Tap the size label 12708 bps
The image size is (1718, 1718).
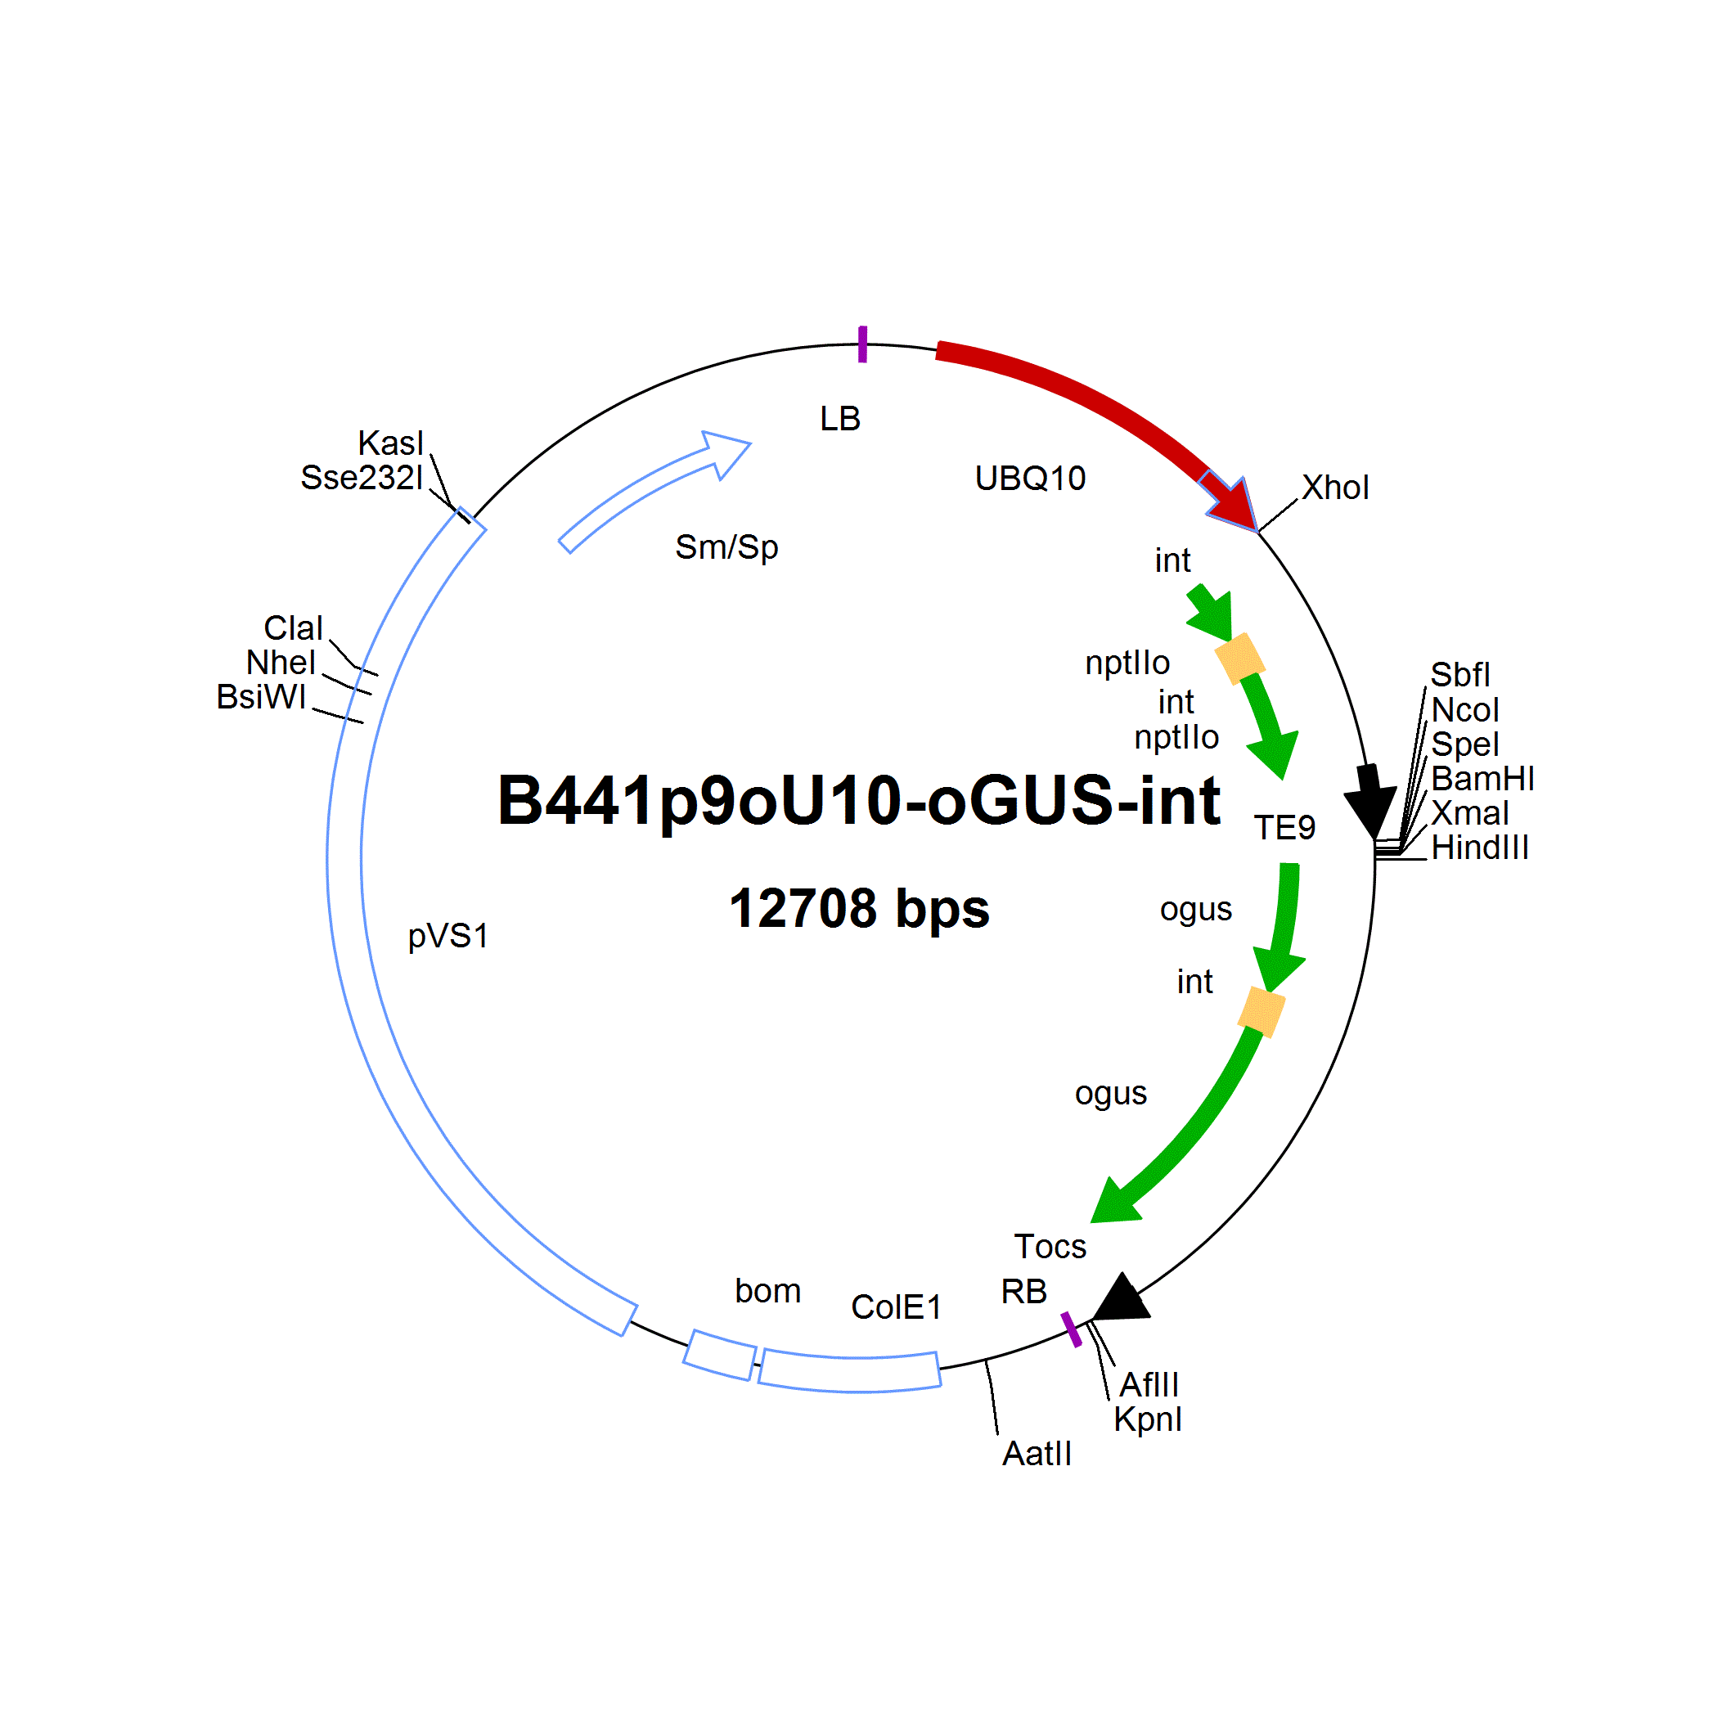[859, 908]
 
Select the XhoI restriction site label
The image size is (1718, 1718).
[1335, 488]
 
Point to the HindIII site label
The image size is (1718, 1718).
[1480, 848]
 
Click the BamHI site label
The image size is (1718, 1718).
[1482, 778]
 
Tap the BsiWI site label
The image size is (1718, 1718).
[262, 697]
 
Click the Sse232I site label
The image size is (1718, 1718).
[362, 478]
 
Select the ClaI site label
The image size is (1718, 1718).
[294, 627]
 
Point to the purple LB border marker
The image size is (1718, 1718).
[862, 344]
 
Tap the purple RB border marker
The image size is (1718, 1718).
[1072, 1329]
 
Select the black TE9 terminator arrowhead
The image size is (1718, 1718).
[1370, 801]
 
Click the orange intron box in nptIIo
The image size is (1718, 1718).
[1239, 658]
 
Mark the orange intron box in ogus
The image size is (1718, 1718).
[1262, 1012]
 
